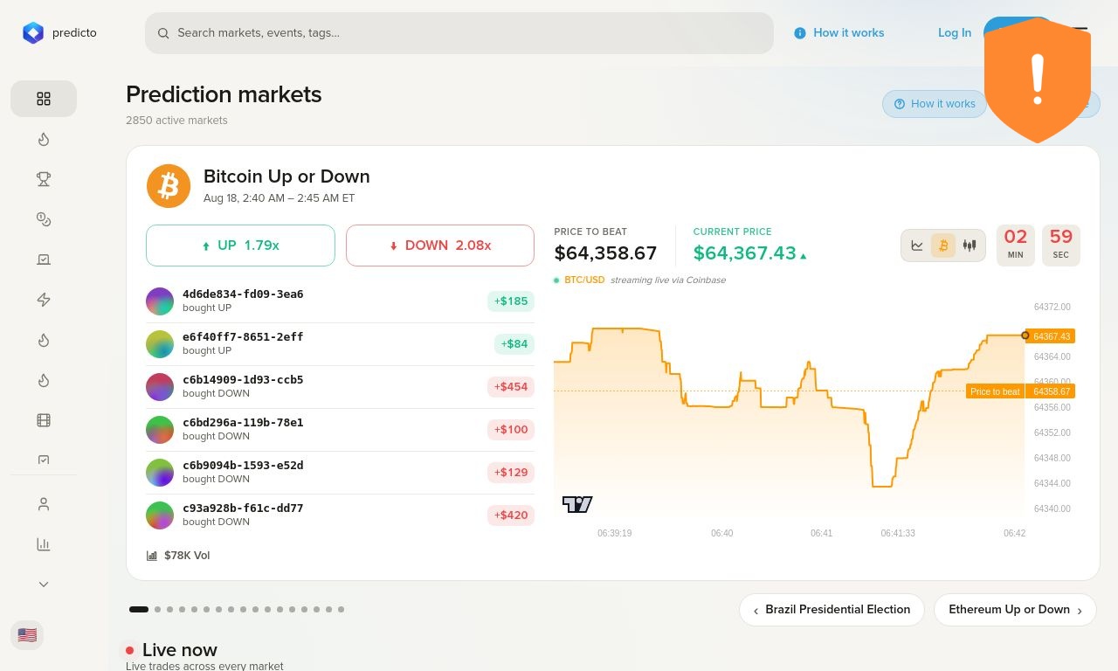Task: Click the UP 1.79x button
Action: tap(240, 246)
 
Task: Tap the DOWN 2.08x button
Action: tap(439, 246)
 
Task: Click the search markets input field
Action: tap(459, 33)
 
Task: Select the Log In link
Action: tap(955, 33)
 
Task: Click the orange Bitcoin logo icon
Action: tap(169, 186)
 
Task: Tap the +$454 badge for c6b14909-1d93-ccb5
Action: tap(511, 387)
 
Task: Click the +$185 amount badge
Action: tap(511, 301)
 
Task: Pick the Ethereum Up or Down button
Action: tap(1015, 610)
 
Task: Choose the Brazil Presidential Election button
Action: tap(832, 610)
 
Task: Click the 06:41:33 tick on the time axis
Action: tap(897, 533)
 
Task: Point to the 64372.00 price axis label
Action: tap(1052, 307)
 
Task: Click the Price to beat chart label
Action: tap(995, 391)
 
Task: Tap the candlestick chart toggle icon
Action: tap(970, 246)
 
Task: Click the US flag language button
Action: tap(27, 635)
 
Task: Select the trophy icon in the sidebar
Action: tap(44, 179)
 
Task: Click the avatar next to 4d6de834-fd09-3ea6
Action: tap(160, 301)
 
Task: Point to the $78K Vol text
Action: tap(187, 556)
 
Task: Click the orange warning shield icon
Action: tap(1038, 80)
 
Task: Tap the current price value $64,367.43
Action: tap(745, 253)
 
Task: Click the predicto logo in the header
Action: tap(59, 33)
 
